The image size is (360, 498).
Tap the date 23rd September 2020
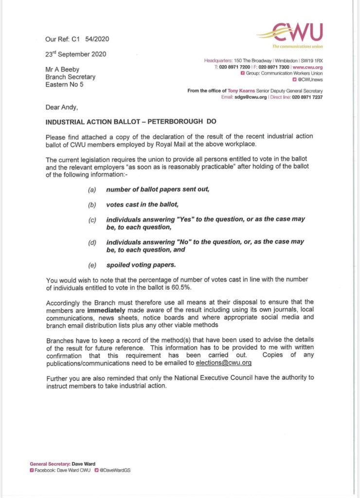pos(75,54)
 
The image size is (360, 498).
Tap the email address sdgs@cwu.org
pos(251,97)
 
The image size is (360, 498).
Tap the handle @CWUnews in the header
pos(311,79)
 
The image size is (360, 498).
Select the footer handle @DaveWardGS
pos(115,470)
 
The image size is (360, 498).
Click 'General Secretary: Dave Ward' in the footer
pos(62,464)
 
